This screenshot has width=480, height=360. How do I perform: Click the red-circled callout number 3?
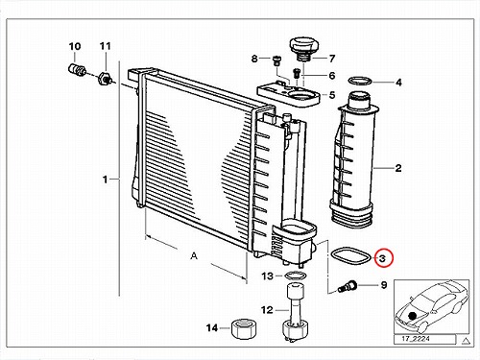pos(383,258)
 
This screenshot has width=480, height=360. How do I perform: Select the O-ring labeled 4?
pos(359,81)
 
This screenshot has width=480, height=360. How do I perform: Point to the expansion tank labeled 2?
pos(354,160)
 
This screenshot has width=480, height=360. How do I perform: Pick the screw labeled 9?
pos(347,286)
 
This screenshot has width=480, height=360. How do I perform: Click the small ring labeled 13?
pos(296,276)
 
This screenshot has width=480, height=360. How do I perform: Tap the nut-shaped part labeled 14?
pos(244,328)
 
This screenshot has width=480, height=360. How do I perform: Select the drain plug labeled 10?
pos(77,70)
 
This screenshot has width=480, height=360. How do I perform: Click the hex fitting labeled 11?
pos(105,78)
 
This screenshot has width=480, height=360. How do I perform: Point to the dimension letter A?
pos(194,256)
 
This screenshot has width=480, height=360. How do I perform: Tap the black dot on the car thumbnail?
pos(413,316)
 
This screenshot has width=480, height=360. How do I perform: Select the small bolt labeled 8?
pos(276,60)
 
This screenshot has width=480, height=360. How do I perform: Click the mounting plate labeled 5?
pos(289,95)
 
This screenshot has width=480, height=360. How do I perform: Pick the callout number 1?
pos(105,180)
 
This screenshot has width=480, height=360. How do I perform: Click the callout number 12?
pos(267,310)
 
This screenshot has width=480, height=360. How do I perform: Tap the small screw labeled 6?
pos(297,73)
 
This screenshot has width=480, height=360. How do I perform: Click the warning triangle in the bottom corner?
pos(466,341)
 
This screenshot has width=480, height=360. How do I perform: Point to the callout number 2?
pos(398,168)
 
